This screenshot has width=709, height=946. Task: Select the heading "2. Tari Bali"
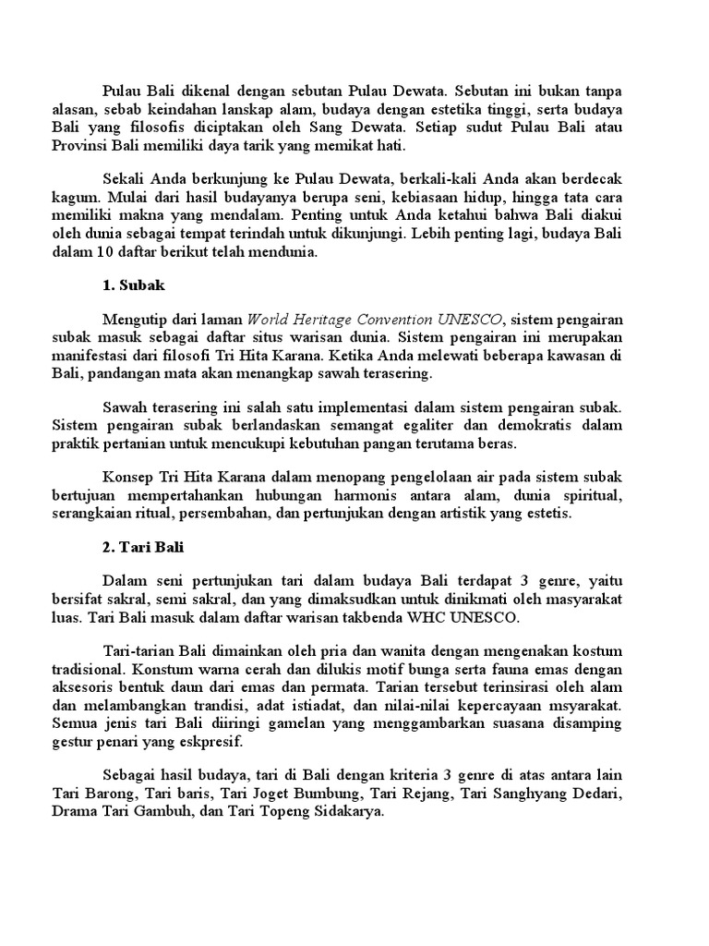pyautogui.click(x=143, y=548)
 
